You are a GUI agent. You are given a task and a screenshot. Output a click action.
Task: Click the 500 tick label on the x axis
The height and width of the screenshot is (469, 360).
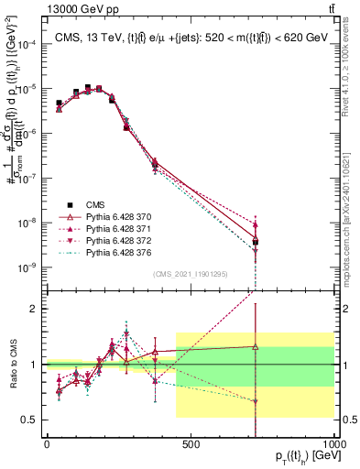tap(191, 443)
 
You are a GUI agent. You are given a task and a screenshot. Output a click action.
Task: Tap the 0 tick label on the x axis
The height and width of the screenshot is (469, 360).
tap(47, 443)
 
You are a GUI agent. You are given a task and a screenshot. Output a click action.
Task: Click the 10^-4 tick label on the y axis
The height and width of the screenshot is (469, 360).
tap(27, 45)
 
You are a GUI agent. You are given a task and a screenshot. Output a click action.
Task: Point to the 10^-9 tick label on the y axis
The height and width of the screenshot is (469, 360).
tap(27, 267)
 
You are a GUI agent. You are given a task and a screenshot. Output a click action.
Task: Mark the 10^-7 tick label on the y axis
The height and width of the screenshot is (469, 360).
tap(27, 179)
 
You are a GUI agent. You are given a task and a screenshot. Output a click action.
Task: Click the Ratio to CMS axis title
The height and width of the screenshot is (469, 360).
tap(10, 365)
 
